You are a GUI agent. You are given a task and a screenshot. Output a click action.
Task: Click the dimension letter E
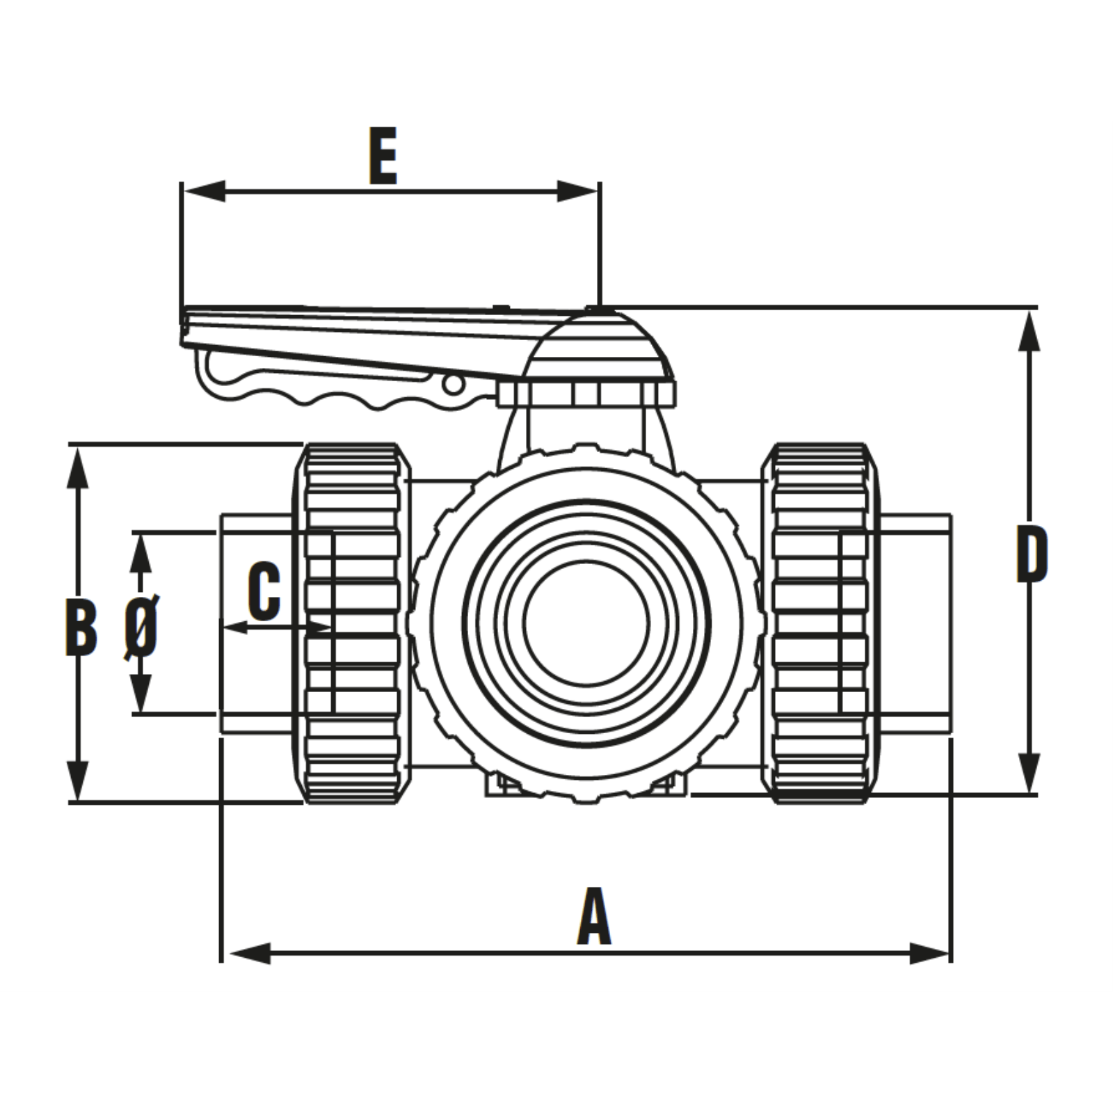click(383, 156)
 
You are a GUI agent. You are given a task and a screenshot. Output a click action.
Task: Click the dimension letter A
click(593, 916)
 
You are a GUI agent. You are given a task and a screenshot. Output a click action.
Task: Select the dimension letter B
click(81, 627)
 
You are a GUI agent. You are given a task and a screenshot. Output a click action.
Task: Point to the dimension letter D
click(1032, 554)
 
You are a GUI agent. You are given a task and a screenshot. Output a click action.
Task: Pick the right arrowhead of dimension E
click(577, 191)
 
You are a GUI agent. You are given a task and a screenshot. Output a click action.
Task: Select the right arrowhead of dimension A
click(929, 953)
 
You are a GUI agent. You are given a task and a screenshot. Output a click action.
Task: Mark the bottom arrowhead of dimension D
click(1029, 772)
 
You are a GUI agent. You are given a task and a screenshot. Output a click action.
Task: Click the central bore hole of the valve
click(586, 622)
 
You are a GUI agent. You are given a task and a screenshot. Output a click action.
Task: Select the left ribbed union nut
click(352, 623)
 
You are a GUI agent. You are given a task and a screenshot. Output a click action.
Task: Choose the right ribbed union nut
click(821, 623)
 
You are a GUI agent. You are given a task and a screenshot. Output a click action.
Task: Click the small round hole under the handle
click(453, 384)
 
